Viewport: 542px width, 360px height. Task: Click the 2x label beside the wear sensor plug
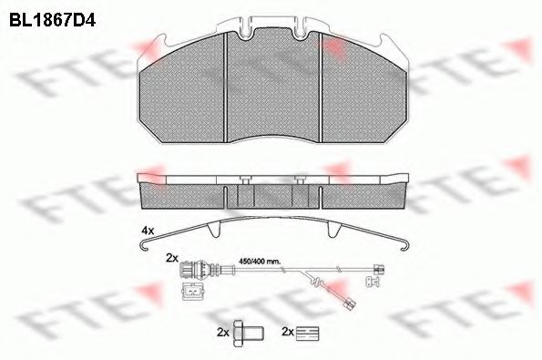[172, 258]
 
